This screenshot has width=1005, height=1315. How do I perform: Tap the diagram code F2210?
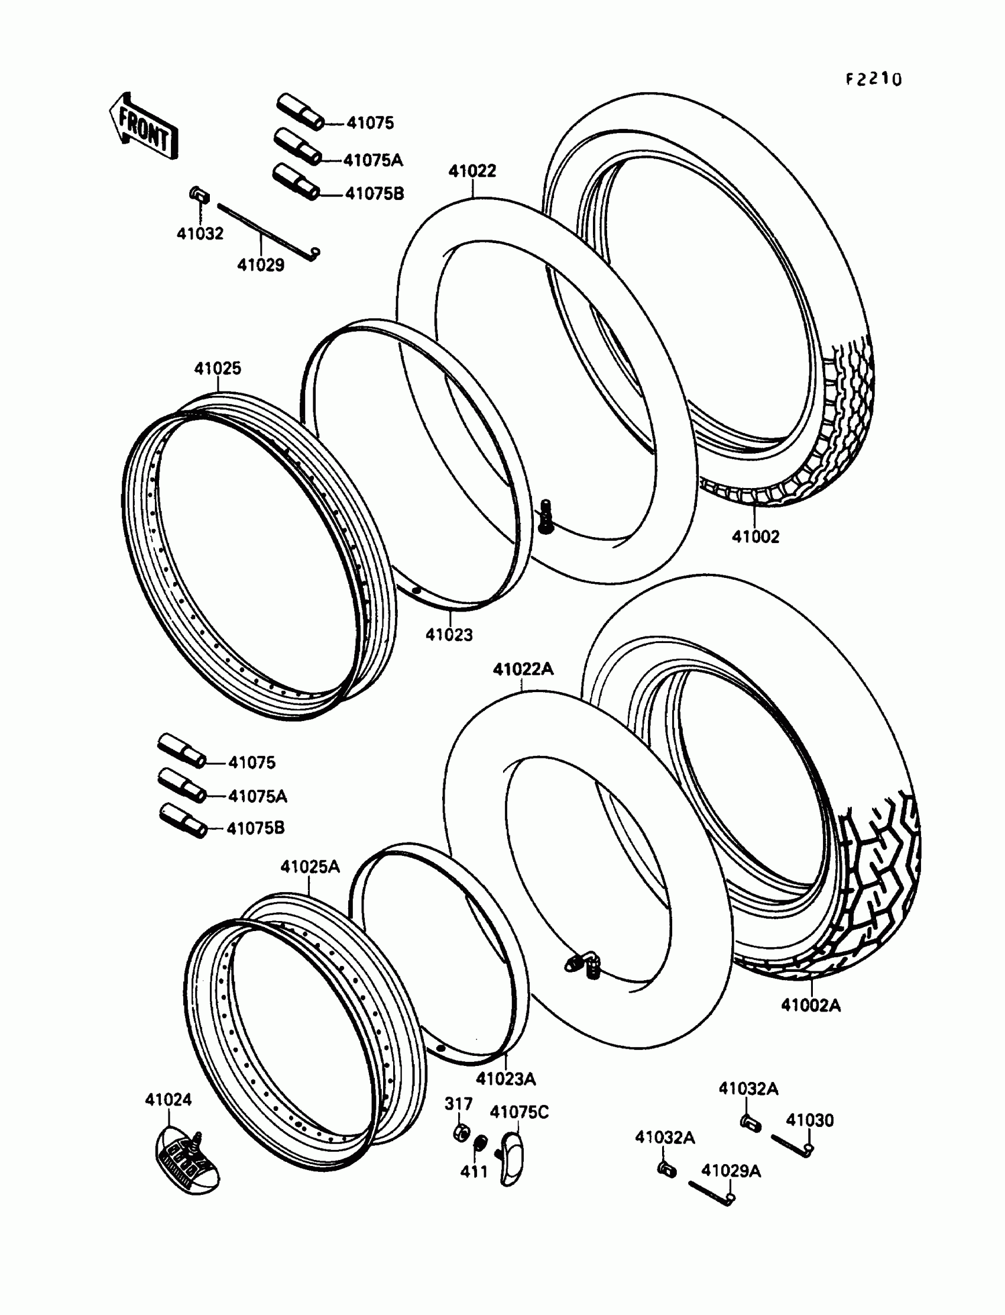pos(873,79)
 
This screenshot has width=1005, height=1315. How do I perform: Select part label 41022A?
pos(523,669)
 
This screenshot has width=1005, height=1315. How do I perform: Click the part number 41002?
pos(756,537)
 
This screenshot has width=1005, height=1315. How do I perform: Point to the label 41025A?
pos(310,866)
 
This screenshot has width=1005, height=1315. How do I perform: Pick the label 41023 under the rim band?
pos(449,635)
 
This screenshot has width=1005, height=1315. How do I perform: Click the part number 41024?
pos(168,1100)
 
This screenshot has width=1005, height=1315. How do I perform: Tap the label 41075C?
pos(518,1112)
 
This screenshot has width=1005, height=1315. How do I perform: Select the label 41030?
pos(809,1120)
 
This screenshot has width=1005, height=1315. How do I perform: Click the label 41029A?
pos(731,1171)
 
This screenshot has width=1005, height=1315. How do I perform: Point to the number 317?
pos(458,1103)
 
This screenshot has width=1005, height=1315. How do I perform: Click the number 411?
pos(474,1172)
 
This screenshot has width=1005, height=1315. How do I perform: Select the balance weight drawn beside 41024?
pos(187,1159)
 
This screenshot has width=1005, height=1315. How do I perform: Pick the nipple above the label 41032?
pos(199,195)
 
